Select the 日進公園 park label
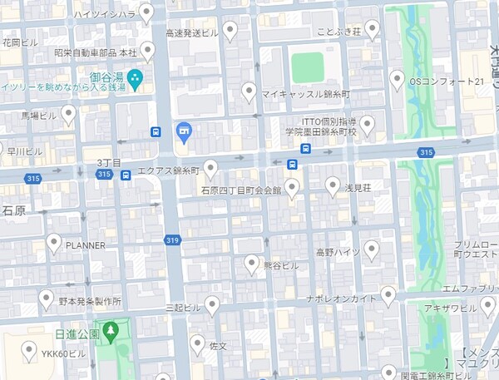77,333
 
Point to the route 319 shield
172,240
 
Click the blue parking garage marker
185,131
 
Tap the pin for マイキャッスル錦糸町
248,91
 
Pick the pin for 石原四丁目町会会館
292,186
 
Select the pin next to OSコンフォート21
398,79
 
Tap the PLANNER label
86,245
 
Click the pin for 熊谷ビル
251,264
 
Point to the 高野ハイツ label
337,251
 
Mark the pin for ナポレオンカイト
388,294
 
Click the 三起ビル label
183,308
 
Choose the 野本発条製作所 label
91,300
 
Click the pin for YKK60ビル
30,350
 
